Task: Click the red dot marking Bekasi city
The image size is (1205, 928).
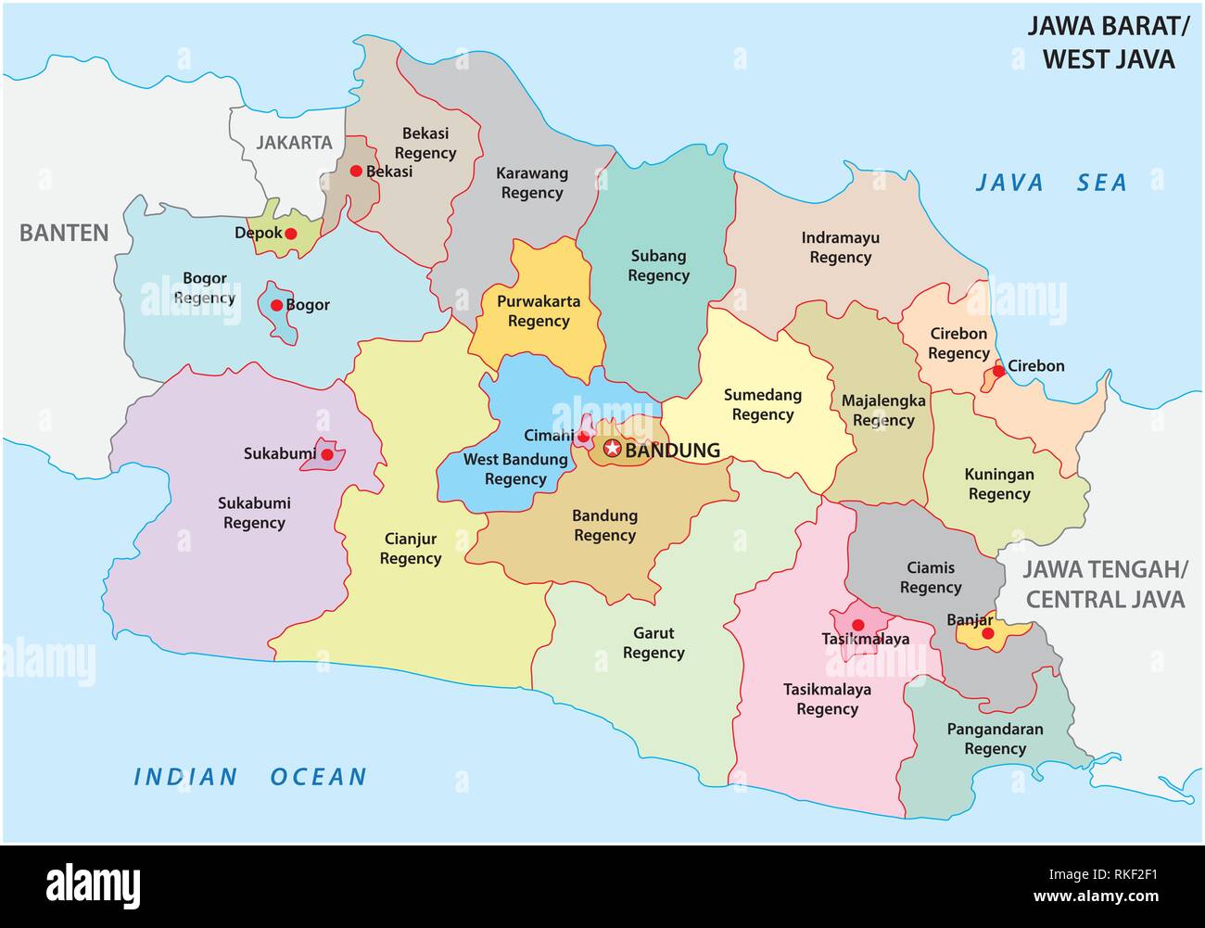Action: tap(356, 171)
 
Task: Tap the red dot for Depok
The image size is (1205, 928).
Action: tap(290, 234)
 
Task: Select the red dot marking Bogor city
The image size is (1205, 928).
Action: tap(276, 305)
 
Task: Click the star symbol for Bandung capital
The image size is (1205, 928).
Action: tap(612, 450)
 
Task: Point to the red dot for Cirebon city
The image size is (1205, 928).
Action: tap(997, 371)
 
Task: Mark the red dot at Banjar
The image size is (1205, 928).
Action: tap(987, 633)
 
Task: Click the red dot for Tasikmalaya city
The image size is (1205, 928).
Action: tap(857, 624)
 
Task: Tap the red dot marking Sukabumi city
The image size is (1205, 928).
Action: tap(326, 454)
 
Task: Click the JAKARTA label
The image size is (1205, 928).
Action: tap(294, 143)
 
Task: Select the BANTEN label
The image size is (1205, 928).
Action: tap(64, 233)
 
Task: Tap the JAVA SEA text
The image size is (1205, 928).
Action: tap(1050, 183)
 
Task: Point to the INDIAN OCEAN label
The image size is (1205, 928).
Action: tap(250, 776)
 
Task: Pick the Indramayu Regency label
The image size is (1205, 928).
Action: tap(840, 248)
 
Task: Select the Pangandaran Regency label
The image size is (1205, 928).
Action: tap(994, 739)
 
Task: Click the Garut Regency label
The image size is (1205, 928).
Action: tap(653, 643)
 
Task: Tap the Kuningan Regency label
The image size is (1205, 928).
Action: tap(998, 484)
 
